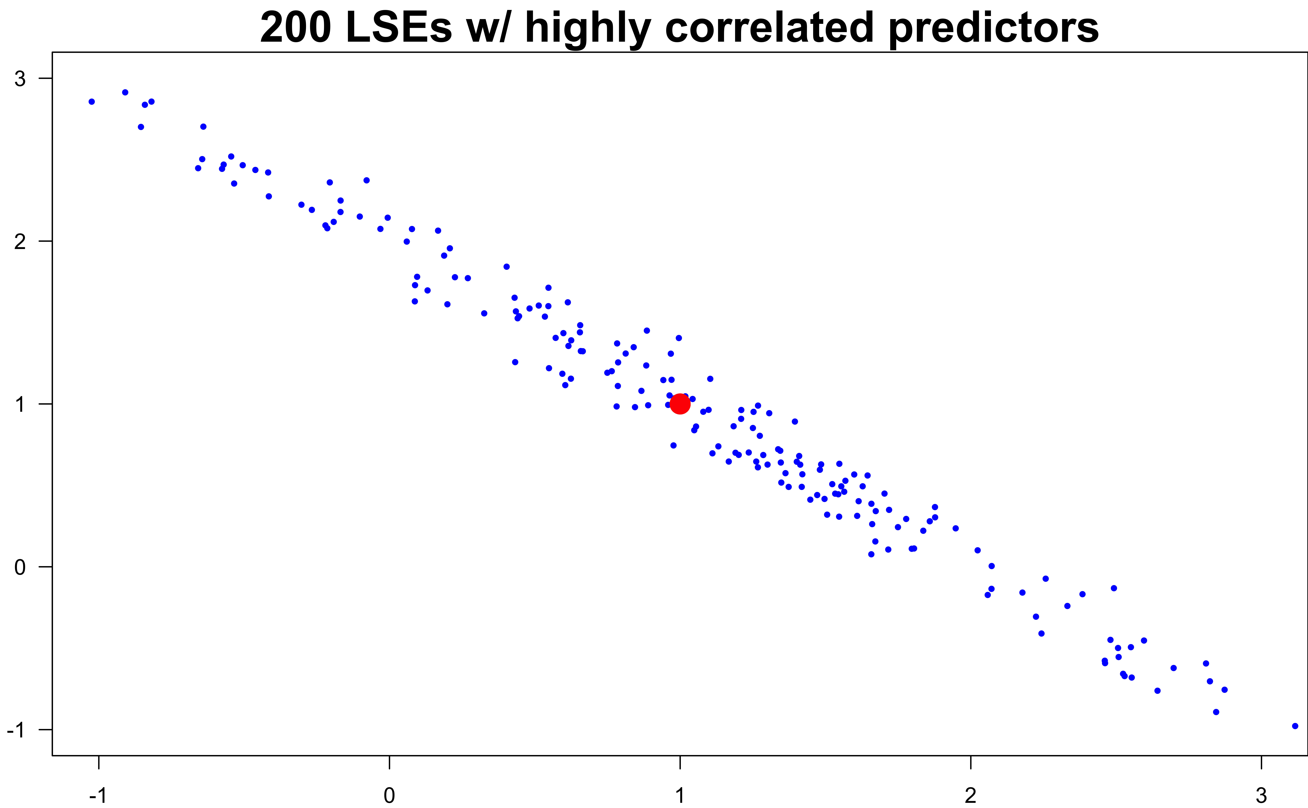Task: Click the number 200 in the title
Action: (296, 28)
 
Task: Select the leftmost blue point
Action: (91, 101)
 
